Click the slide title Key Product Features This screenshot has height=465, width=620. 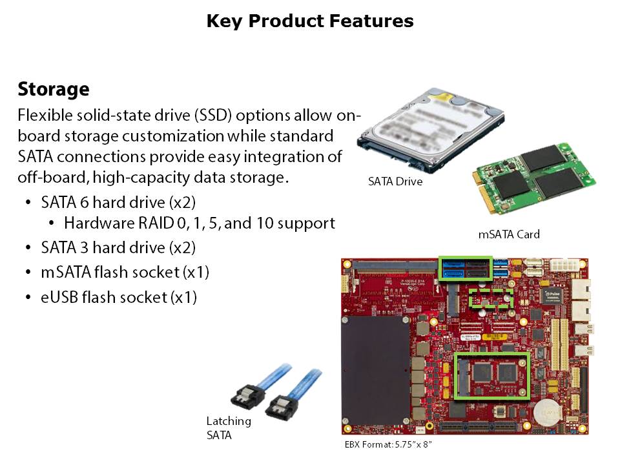pos(310,21)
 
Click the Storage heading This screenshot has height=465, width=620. pos(53,88)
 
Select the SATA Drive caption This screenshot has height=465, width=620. pos(395,182)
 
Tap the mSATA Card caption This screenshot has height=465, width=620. pos(508,234)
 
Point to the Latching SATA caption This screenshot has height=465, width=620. pos(229,428)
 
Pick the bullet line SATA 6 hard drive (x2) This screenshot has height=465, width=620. pos(118,202)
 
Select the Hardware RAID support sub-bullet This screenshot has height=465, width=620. pos(199,223)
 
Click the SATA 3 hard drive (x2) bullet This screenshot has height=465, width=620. pos(118,247)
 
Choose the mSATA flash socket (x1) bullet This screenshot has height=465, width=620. pos(125,273)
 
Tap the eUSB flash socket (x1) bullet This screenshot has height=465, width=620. pos(118,298)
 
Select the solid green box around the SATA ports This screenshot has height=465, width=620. pos(464,267)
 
